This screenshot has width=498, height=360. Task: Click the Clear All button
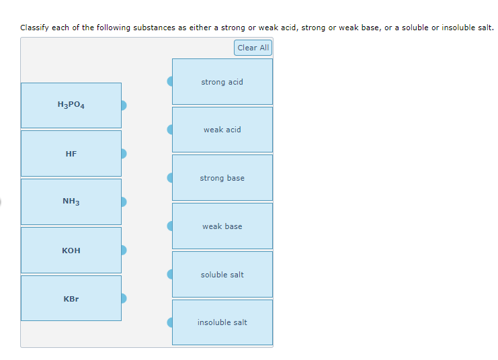click(x=253, y=48)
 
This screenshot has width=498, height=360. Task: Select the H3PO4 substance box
click(x=71, y=105)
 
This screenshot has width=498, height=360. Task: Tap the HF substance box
click(x=71, y=154)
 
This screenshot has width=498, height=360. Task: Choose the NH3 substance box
click(x=71, y=201)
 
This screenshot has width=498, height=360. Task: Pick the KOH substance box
click(x=71, y=251)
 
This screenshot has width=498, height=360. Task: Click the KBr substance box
click(x=71, y=298)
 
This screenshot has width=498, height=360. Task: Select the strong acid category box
click(x=222, y=82)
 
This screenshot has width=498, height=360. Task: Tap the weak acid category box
click(x=222, y=130)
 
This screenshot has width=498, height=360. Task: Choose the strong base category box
click(x=222, y=178)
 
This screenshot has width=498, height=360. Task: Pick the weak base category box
click(x=222, y=226)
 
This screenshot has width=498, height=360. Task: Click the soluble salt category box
click(x=222, y=275)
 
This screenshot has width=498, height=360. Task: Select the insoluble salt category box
click(x=222, y=322)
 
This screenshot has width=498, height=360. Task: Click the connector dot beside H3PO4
click(x=124, y=105)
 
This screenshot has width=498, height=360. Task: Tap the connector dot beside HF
click(x=124, y=154)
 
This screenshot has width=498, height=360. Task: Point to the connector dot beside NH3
click(x=124, y=201)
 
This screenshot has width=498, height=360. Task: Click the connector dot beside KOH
click(x=124, y=251)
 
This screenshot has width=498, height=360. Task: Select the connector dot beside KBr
click(x=124, y=298)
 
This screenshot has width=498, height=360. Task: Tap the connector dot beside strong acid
click(x=170, y=81)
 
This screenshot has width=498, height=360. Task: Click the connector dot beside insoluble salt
click(x=170, y=322)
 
